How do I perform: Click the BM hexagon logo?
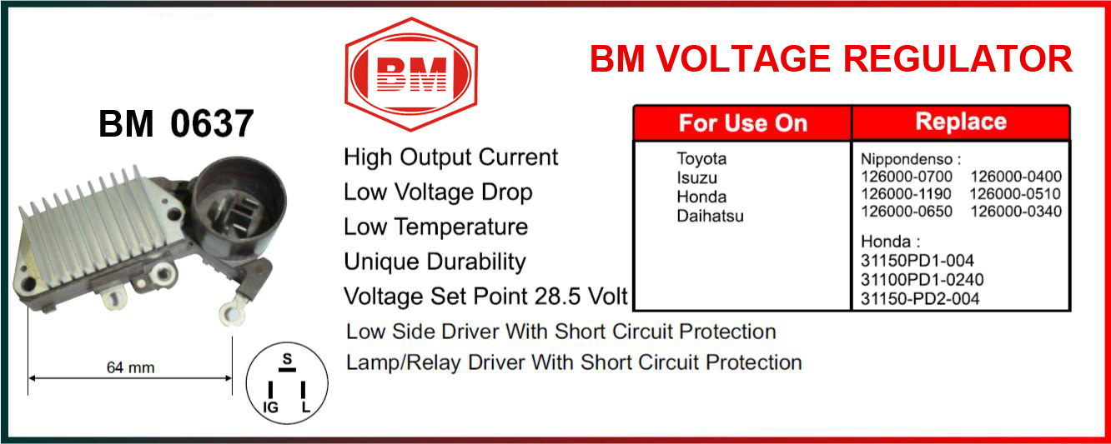(411, 74)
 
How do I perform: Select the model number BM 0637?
(176, 123)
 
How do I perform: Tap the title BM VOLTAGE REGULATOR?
(832, 59)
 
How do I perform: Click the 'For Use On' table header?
(743, 123)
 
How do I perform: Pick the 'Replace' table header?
(961, 122)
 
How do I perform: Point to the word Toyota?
(701, 158)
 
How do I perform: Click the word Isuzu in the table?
(696, 177)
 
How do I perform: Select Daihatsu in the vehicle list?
(711, 216)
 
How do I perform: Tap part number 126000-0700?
(907, 177)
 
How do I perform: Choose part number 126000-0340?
(1016, 212)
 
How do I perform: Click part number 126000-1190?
(906, 194)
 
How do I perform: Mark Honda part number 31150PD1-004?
(917, 261)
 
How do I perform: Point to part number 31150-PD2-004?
(920, 299)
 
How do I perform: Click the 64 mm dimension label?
(130, 367)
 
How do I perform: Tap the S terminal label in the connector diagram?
(287, 359)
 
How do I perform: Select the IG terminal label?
(271, 407)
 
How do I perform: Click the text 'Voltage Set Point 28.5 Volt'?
(485, 297)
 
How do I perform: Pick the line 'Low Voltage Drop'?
(438, 192)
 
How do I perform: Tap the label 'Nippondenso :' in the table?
(911, 160)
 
